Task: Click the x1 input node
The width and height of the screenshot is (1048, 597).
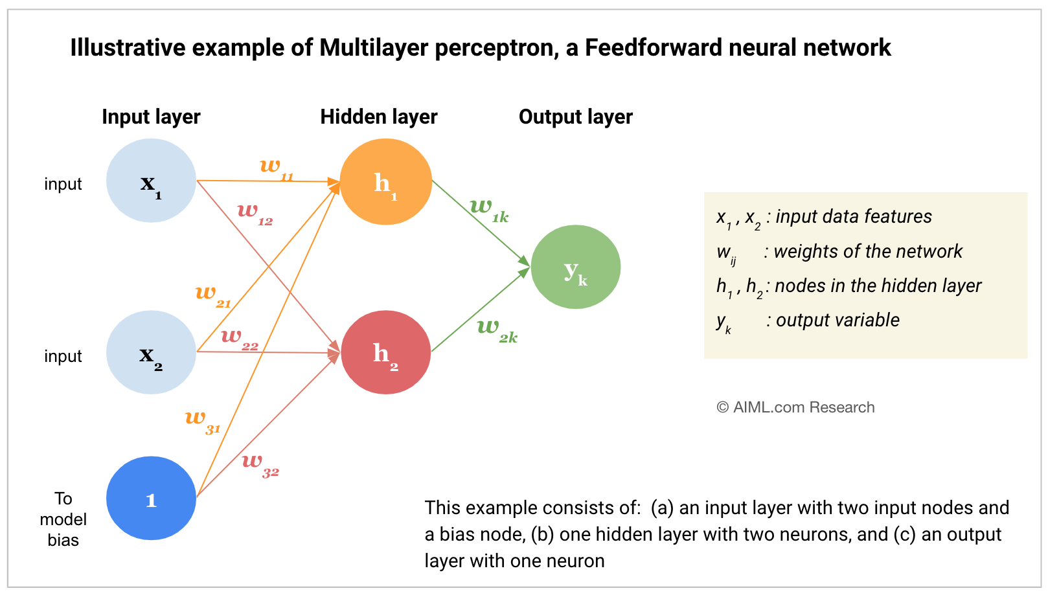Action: tap(151, 181)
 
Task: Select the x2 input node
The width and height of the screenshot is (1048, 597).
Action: tap(151, 352)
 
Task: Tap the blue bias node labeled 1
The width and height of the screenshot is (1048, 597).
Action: tap(151, 498)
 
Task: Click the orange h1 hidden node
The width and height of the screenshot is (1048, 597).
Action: tap(385, 182)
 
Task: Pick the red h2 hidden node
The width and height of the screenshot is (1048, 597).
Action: tap(385, 352)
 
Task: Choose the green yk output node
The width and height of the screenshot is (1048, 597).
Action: tap(575, 267)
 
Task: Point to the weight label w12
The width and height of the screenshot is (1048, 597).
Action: tap(255, 212)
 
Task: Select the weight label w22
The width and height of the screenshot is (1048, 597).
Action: tap(239, 338)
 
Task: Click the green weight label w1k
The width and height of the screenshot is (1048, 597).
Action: tap(489, 210)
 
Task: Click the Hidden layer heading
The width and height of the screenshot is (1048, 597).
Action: tap(379, 117)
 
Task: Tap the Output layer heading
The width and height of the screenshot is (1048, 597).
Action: tap(575, 117)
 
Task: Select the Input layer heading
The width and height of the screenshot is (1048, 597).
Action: tap(151, 117)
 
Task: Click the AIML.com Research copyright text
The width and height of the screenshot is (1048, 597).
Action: tap(795, 407)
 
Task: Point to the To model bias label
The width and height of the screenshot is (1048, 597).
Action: tap(63, 519)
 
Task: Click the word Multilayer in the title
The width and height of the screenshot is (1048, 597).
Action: tap(374, 48)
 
